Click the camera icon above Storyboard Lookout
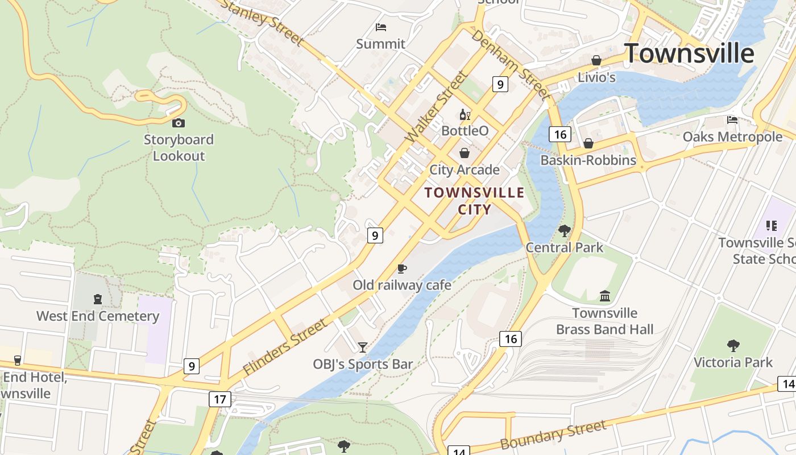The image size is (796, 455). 178,123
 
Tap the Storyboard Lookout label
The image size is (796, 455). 179,147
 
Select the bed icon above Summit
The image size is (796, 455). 381,27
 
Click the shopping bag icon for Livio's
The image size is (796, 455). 596,60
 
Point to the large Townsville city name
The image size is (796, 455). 689,53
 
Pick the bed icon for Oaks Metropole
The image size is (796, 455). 732,119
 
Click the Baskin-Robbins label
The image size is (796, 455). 588,160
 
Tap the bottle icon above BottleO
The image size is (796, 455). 465,115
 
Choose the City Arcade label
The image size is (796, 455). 464,169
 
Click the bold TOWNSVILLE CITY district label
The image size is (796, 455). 475,201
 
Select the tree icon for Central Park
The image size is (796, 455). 564,230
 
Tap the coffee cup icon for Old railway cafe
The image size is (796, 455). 401,268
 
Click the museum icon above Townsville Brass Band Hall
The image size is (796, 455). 604,296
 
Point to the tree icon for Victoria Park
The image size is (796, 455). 733,345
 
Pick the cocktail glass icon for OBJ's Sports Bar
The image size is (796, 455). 362,347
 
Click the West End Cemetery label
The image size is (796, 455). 98,316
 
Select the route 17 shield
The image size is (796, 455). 220,399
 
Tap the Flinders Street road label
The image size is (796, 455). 285,346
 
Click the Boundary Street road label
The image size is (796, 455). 553,435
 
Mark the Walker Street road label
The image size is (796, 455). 436,106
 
